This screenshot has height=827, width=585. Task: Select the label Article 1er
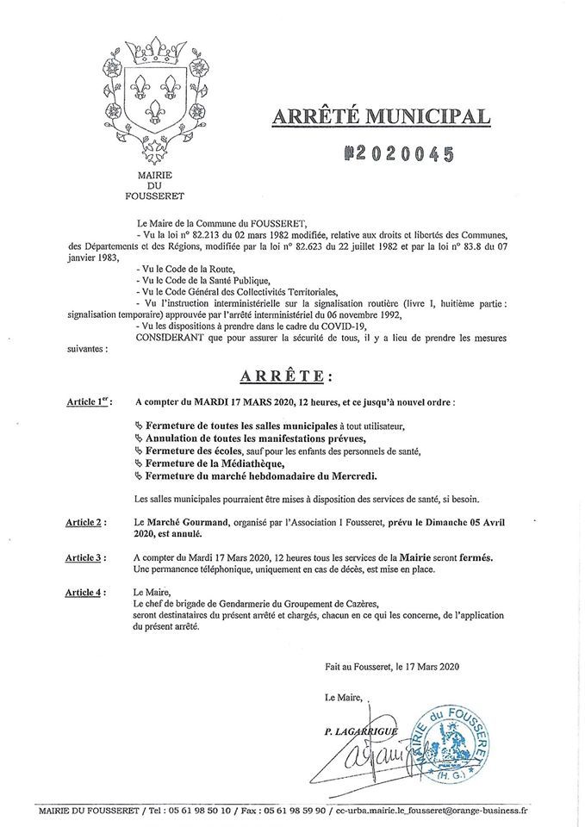(x=88, y=402)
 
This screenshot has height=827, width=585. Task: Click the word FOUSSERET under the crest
(x=155, y=196)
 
